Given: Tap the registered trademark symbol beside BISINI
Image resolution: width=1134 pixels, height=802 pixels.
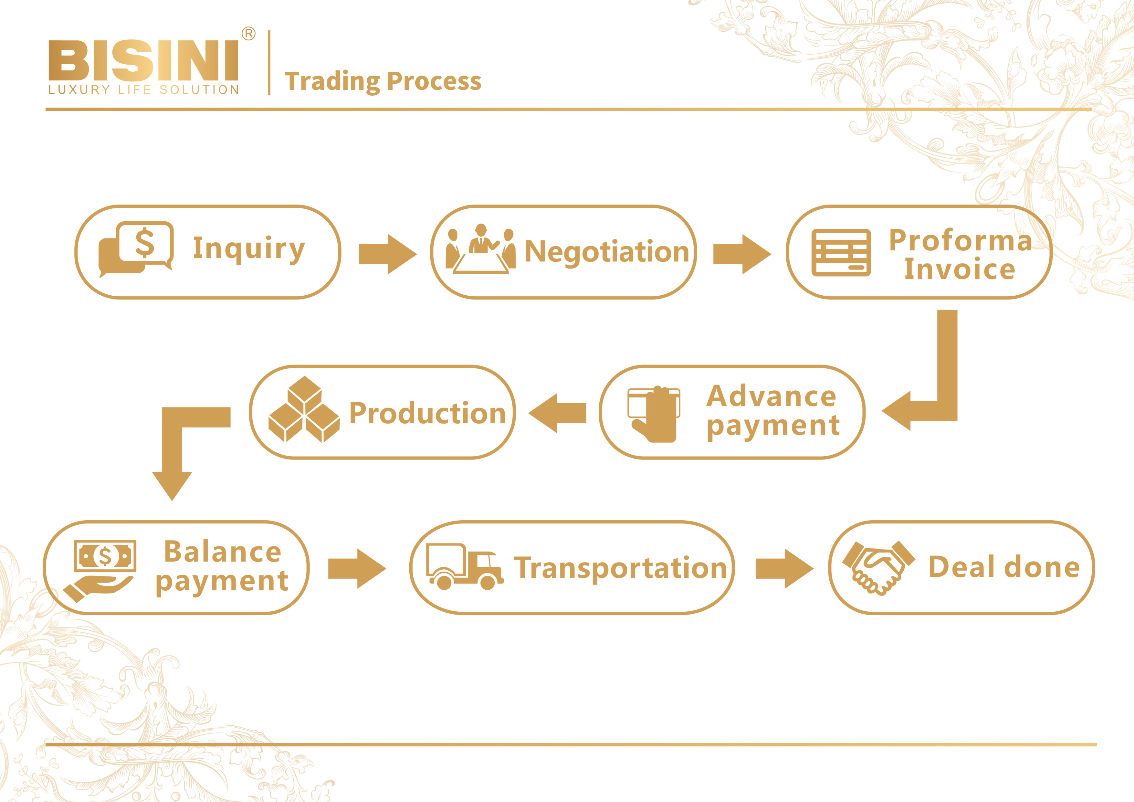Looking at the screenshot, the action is click(248, 34).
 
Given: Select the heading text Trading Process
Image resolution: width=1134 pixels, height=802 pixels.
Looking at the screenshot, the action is click(383, 81).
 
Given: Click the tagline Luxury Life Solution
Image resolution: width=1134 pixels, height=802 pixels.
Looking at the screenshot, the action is click(143, 90).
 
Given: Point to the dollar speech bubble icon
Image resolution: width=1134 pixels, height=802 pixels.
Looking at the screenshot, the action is click(136, 249).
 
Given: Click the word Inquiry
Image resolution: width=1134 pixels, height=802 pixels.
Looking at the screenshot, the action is click(249, 248).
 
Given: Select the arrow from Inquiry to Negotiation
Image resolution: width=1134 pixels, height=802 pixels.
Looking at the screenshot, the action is click(387, 254).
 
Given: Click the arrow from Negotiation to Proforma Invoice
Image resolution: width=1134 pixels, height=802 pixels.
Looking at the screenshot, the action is click(742, 254).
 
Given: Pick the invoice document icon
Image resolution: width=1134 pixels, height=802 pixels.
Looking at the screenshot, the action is click(841, 252).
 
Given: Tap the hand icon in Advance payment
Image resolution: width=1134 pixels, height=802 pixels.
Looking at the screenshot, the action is click(654, 414).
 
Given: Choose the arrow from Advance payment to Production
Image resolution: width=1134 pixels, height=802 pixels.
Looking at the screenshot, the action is click(557, 413).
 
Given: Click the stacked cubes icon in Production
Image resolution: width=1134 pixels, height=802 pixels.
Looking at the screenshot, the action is click(304, 410).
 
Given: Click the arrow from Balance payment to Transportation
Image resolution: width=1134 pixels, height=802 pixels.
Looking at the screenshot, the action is click(357, 568).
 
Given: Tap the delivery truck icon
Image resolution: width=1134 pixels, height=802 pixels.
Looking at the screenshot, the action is click(464, 567).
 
